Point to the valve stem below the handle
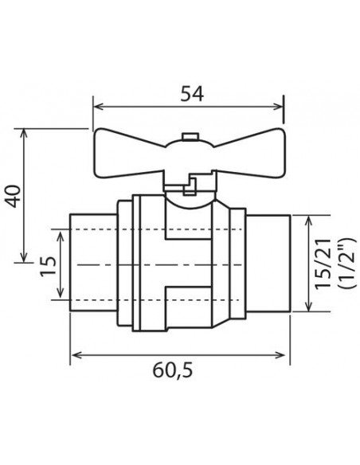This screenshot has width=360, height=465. (x=189, y=186)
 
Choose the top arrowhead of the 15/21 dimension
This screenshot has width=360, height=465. (x=307, y=217)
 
